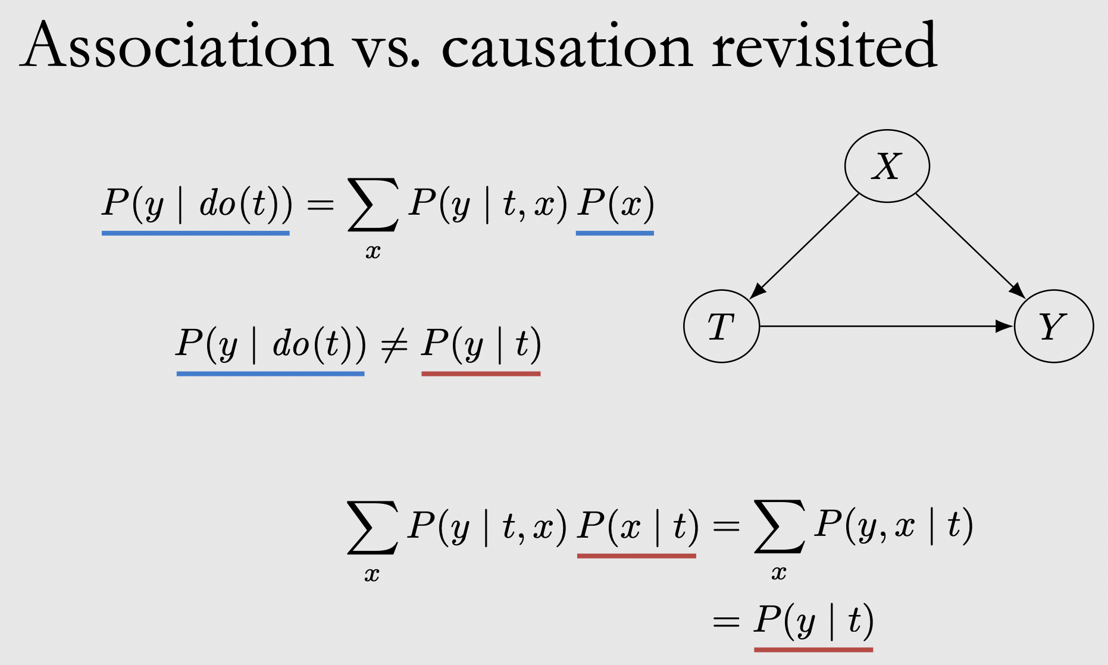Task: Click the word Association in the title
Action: pyautogui.click(x=177, y=46)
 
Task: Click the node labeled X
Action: pyautogui.click(x=887, y=166)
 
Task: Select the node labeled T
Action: pyautogui.click(x=721, y=326)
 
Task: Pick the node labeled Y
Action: pyautogui.click(x=1053, y=326)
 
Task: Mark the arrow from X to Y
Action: pyautogui.click(x=970, y=245)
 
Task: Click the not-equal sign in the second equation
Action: pyautogui.click(x=393, y=345)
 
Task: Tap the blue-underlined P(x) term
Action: pyautogui.click(x=615, y=203)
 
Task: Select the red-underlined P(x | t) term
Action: pyautogui.click(x=637, y=526)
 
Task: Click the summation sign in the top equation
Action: pyautogui.click(x=373, y=205)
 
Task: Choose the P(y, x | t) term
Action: pyautogui.click(x=893, y=525)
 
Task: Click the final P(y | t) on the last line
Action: pyautogui.click(x=813, y=621)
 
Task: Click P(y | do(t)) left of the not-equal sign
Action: pyautogui.click(x=271, y=345)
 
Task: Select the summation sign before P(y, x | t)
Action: pyautogui.click(x=779, y=527)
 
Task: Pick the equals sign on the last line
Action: pyautogui.click(x=725, y=622)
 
